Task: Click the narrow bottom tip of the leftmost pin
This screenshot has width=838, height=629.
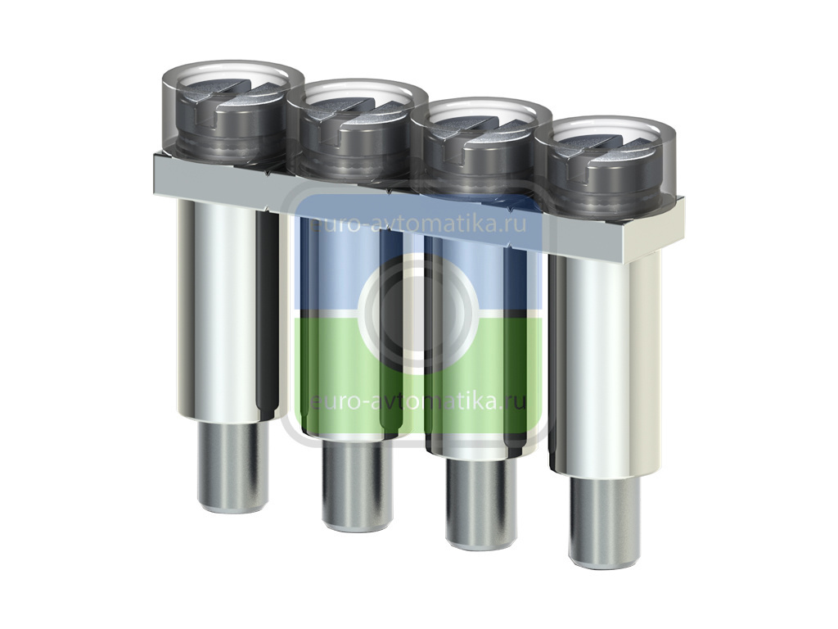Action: click(x=232, y=466)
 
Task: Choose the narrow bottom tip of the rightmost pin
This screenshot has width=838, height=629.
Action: click(x=604, y=522)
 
